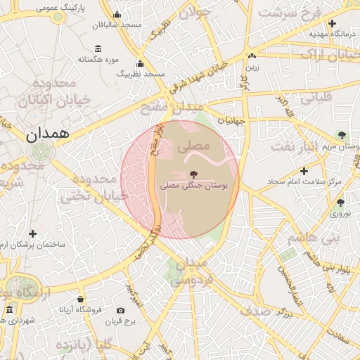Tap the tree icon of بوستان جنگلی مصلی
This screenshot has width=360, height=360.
tap(193, 174)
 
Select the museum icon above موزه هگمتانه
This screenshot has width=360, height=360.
tap(97, 48)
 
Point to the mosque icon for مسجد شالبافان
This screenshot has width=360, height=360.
tap(117, 15)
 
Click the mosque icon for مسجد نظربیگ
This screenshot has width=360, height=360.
tap(140, 64)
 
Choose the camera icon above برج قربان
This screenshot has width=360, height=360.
tap(121, 311)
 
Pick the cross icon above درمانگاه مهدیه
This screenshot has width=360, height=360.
tap(333, 23)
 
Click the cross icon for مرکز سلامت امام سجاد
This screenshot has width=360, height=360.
tap(304, 171)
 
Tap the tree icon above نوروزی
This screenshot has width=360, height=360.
tap(340, 202)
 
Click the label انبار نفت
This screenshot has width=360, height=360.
tap(295, 146)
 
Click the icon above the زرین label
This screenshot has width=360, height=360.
tap(252, 56)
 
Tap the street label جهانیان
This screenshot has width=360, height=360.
tap(231, 120)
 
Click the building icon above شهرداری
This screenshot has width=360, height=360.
tap(10, 309)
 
